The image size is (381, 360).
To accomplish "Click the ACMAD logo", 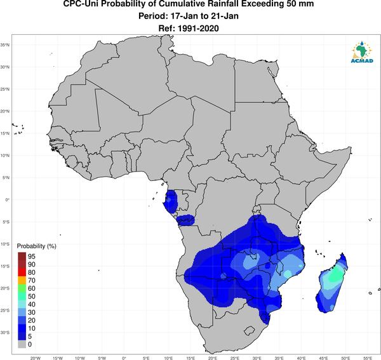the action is (361, 52).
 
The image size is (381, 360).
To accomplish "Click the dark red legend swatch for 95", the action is (22, 257).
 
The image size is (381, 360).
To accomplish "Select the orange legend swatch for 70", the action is (22, 281).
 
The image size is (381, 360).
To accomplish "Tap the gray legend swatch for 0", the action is (22, 345).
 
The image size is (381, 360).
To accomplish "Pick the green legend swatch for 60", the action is (22, 289).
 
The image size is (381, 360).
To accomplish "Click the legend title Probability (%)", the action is (36, 246).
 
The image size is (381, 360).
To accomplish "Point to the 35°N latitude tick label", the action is (5, 45).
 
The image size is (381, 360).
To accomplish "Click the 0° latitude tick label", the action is (7, 199).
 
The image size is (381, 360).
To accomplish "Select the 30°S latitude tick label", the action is (5, 332).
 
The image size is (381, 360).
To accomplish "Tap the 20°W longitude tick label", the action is (36, 358).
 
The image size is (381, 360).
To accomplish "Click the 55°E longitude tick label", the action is (368, 358).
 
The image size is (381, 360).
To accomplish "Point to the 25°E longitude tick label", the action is (235, 358).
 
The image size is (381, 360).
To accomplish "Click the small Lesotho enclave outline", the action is (250, 331).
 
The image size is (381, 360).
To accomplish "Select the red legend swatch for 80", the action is (22, 272).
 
